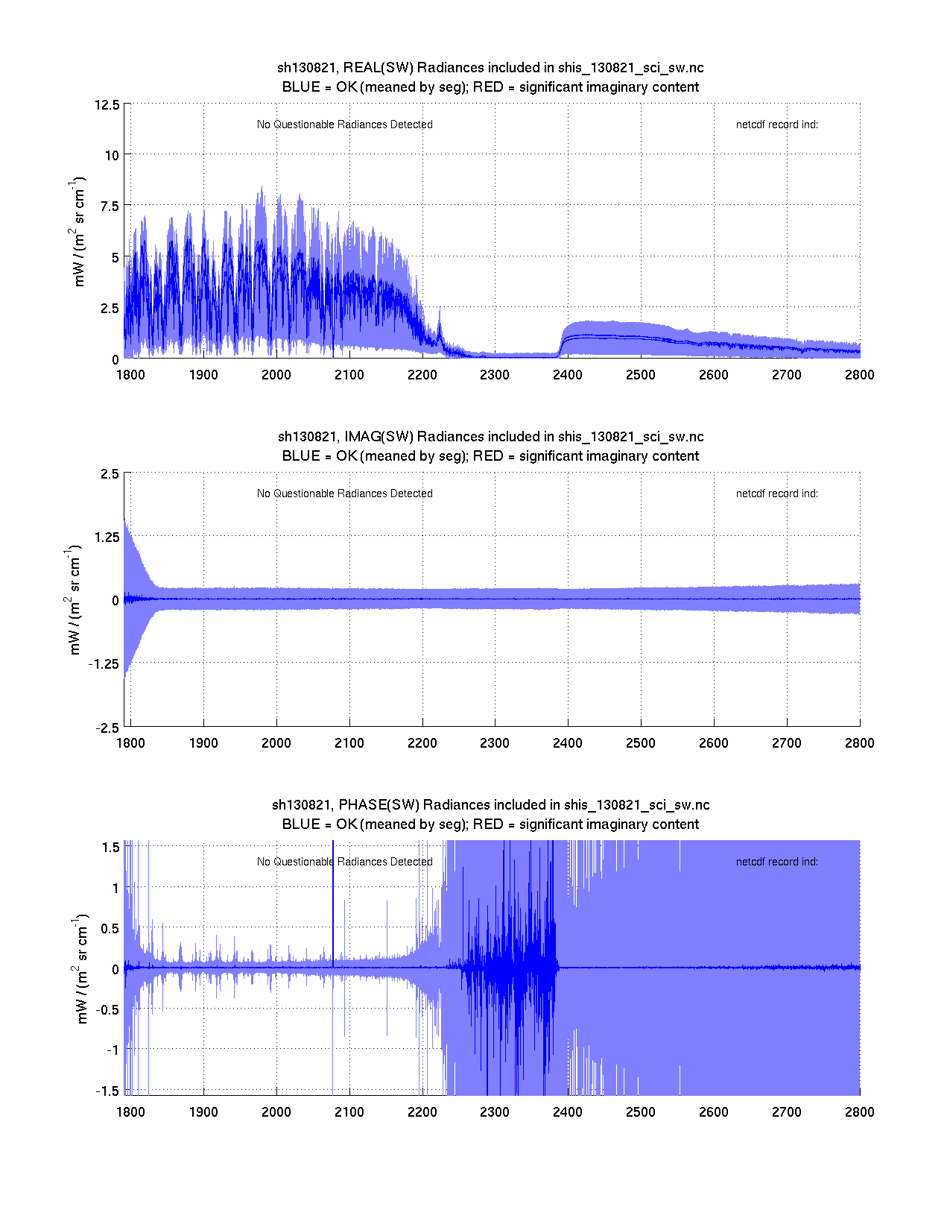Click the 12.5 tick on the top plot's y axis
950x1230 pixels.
point(107,104)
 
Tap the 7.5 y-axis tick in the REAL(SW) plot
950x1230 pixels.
point(109,206)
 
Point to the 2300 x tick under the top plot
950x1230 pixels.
point(495,375)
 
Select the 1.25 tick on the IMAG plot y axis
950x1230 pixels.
point(106,537)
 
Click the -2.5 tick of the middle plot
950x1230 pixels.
point(107,728)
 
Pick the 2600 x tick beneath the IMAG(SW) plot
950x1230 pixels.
point(713,743)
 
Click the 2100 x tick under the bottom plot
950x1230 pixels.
point(349,1112)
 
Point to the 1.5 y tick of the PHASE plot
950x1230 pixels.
point(111,847)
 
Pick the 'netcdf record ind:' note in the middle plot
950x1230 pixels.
point(776,493)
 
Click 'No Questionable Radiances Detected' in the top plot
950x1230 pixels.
point(344,124)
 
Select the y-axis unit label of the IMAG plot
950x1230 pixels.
point(75,600)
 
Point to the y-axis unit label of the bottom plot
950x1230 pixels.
point(82,968)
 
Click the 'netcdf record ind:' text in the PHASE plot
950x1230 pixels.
point(776,862)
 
